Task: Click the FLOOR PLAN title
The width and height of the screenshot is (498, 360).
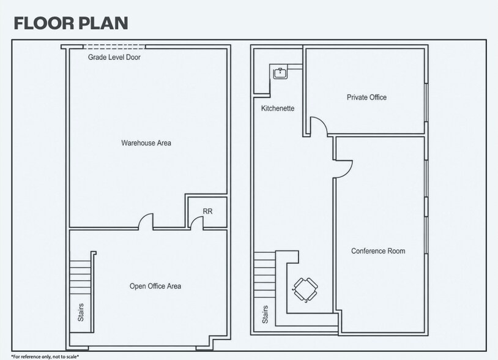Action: point(71,23)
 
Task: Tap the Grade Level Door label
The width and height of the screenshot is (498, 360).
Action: point(114,57)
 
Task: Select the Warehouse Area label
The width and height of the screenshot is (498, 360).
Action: point(146,143)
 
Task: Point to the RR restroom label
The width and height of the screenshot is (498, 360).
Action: point(207,211)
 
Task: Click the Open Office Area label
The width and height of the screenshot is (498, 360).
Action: point(155,287)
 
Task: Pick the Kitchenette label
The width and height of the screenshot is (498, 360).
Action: point(278,108)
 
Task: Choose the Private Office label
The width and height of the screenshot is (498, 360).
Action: point(366,97)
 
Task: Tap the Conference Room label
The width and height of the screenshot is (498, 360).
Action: point(378,251)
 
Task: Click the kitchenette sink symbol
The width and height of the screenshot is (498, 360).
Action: point(280,73)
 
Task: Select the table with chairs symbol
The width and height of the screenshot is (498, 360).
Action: point(305,290)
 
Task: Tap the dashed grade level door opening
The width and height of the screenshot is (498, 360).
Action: point(114,47)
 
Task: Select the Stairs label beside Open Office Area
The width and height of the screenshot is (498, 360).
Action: point(81,312)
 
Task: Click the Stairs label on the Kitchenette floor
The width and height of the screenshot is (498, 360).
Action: point(265,314)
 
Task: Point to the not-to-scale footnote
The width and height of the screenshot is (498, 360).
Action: point(45,357)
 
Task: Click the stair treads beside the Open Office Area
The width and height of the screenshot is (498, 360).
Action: point(80,277)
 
